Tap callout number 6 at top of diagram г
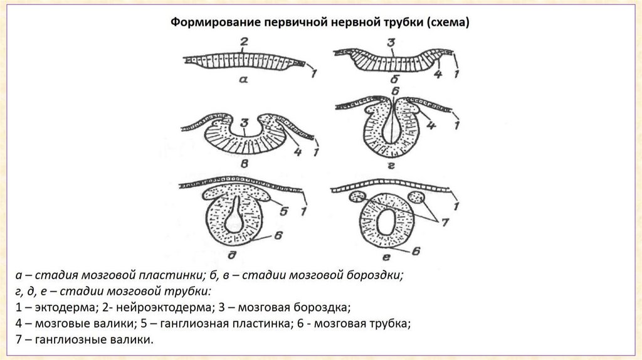(x=394, y=90)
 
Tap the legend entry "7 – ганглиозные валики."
(x=85, y=341)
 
